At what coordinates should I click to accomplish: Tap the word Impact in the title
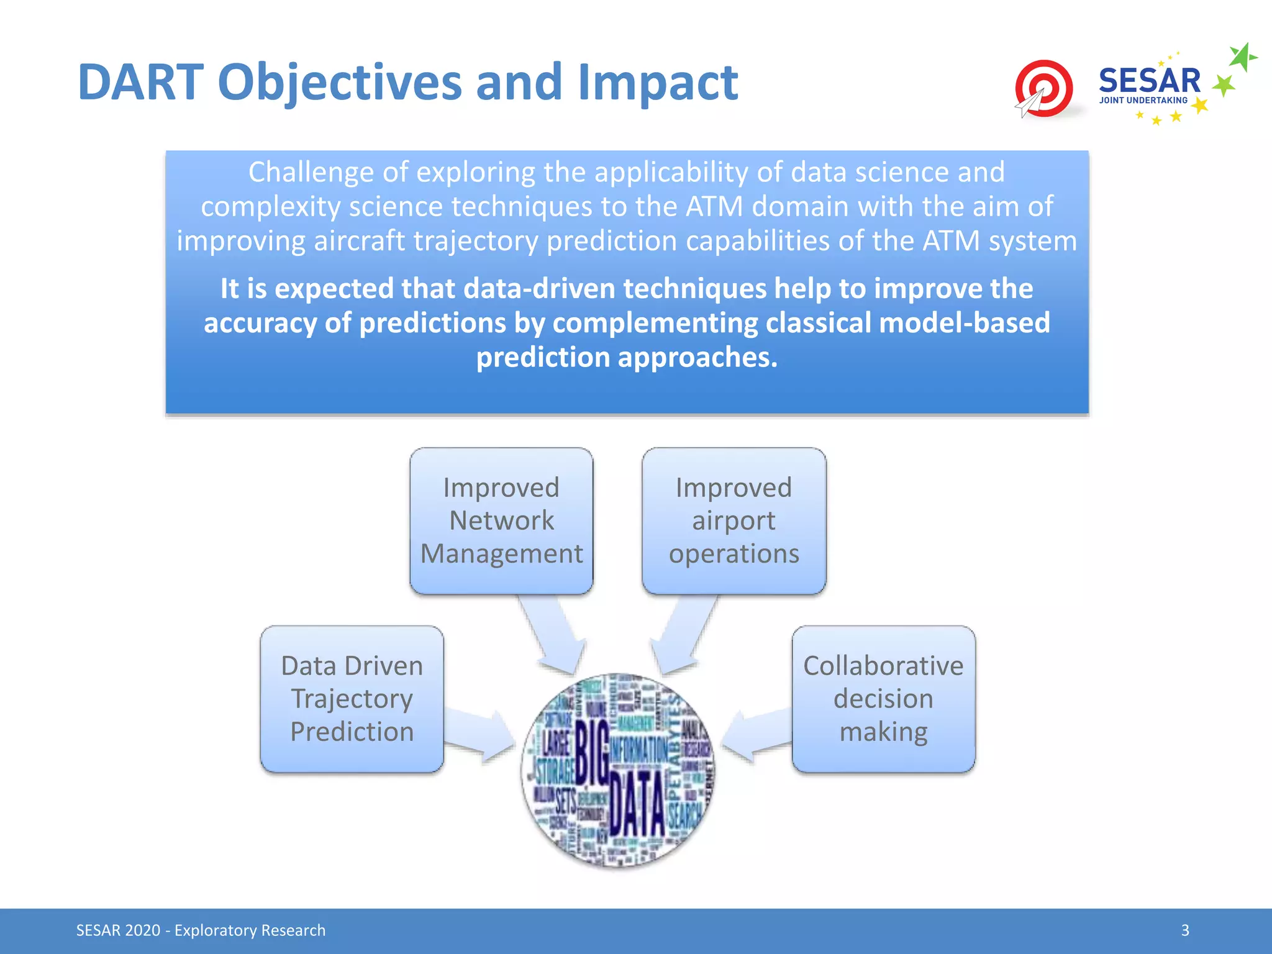(657, 82)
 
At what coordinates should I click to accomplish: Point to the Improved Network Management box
(501, 520)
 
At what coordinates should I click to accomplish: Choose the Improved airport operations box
(734, 520)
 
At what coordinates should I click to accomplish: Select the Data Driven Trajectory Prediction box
(352, 699)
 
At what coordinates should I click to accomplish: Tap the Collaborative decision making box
(883, 699)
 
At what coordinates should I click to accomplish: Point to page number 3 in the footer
(1185, 930)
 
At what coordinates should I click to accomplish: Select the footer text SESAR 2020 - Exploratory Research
(201, 930)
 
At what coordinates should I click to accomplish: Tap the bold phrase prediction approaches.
(626, 357)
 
